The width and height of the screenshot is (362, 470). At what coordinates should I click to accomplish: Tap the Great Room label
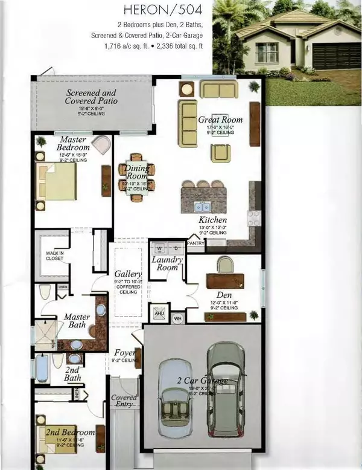tap(220, 120)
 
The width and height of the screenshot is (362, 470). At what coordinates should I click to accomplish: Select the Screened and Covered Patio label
tap(92, 97)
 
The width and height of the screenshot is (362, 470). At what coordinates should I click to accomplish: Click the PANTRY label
tap(196, 243)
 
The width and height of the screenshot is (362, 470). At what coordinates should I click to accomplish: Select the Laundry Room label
tap(168, 263)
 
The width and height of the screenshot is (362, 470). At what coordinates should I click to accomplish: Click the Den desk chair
tap(225, 264)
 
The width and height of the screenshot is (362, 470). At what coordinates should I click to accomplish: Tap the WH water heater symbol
tap(178, 318)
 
